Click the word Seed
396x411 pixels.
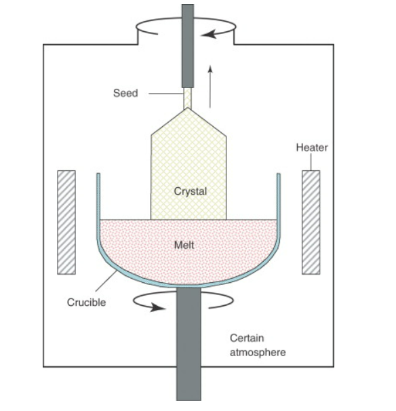coord(125,93)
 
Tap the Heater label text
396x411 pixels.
coord(312,148)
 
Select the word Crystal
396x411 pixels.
coord(191,191)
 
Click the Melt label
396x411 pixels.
coord(184,245)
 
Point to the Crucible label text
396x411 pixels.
coord(87,302)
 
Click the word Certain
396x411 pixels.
coord(247,338)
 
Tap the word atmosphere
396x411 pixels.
coord(258,352)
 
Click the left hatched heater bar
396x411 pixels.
coord(66,222)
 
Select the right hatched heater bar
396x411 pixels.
coord(311,222)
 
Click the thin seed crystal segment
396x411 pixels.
coord(188,98)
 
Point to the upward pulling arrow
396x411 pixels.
coord(210,87)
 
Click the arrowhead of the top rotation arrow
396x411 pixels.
coord(209,34)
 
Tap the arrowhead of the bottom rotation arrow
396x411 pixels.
coord(158,307)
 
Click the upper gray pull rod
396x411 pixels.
coord(188,46)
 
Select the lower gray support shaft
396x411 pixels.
coord(189,344)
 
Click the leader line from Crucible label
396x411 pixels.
coord(106,281)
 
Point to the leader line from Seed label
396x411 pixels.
coord(166,94)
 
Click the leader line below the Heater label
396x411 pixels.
coord(311,162)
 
